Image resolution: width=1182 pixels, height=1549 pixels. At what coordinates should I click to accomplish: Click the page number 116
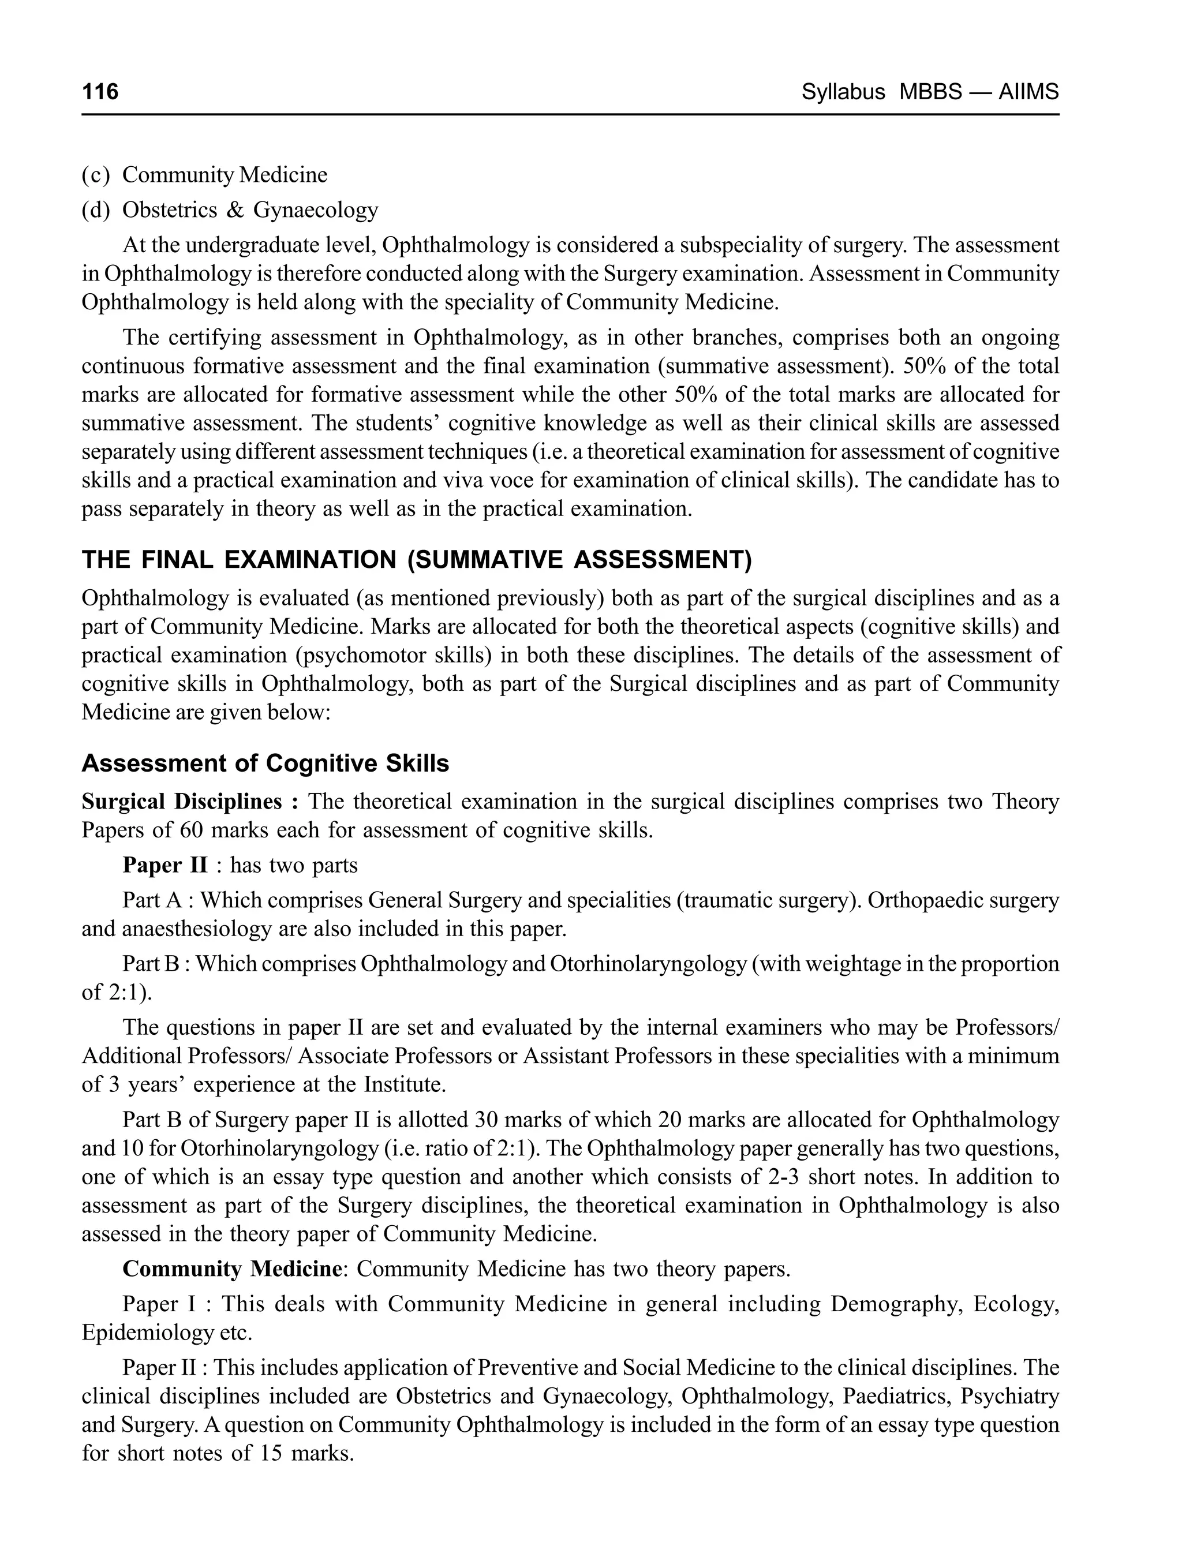pyautogui.click(x=100, y=92)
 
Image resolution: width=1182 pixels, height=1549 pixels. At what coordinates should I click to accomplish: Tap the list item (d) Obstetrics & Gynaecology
pyautogui.click(x=230, y=209)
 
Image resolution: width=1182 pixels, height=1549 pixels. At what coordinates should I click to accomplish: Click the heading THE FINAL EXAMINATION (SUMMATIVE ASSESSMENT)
pyautogui.click(x=417, y=560)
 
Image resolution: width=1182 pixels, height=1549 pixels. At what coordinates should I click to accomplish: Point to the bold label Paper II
pyautogui.click(x=164, y=865)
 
